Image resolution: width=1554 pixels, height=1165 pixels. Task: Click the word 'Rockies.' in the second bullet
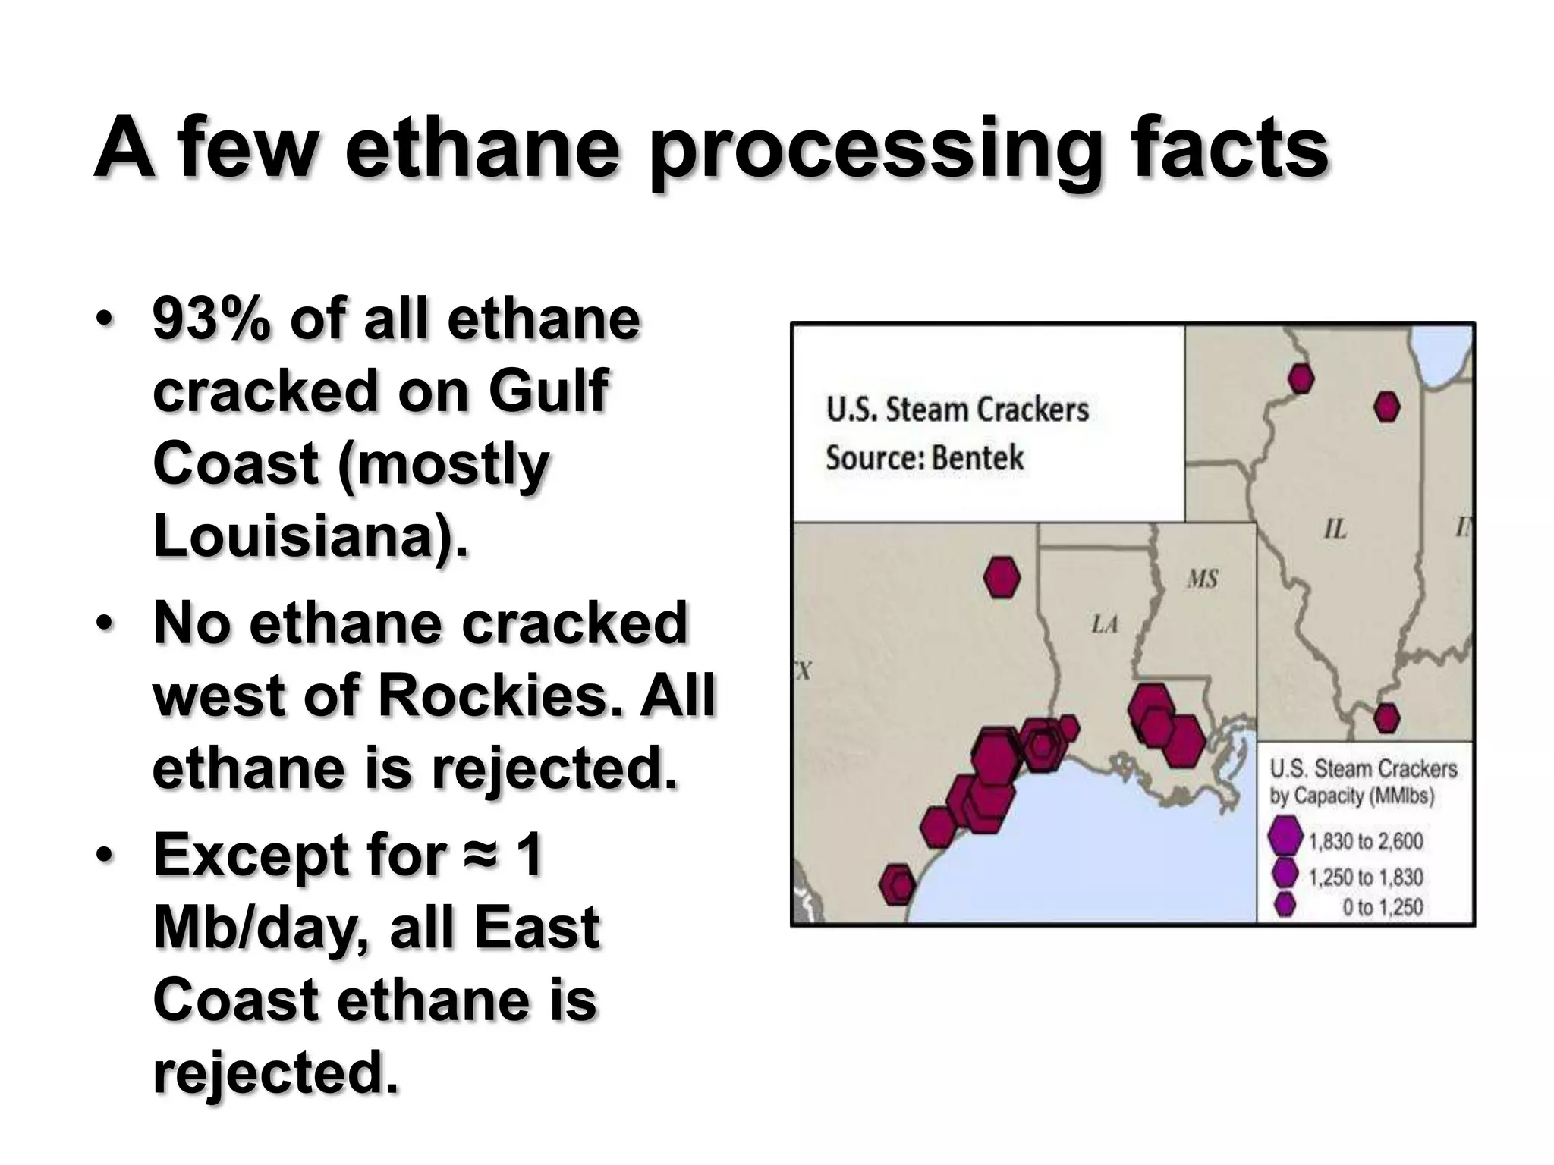tap(500, 695)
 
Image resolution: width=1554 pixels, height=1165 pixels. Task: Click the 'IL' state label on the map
tap(1335, 529)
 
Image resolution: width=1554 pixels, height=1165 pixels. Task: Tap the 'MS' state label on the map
tap(1202, 579)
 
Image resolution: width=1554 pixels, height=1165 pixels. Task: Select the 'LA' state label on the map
tap(1104, 625)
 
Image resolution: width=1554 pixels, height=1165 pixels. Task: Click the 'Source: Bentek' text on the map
tap(924, 458)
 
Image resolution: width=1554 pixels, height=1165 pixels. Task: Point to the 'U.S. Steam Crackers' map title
tap(958, 410)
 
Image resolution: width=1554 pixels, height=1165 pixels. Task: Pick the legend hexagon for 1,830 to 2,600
tap(1285, 837)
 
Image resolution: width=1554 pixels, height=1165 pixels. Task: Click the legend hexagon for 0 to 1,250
tap(1285, 904)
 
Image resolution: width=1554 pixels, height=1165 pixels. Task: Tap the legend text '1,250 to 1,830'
tap(1366, 877)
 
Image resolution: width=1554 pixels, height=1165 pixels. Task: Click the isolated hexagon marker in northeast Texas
tap(1002, 577)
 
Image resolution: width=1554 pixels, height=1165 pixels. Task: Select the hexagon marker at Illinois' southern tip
tap(1386, 718)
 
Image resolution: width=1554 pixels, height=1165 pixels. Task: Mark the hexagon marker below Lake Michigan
tap(1387, 407)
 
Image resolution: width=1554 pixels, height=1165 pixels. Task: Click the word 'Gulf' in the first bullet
tap(548, 391)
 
